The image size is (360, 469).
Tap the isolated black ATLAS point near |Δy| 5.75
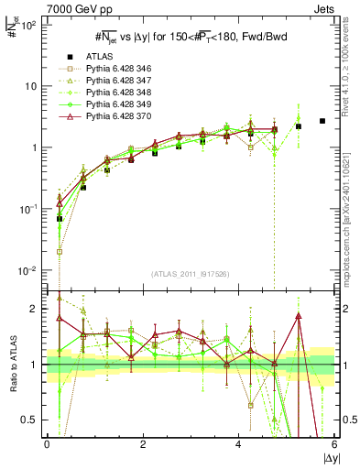pyautogui.click(x=322, y=121)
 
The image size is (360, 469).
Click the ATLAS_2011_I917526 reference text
pyautogui.click(x=191, y=274)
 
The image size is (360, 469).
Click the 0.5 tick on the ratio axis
pyautogui.click(x=31, y=420)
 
